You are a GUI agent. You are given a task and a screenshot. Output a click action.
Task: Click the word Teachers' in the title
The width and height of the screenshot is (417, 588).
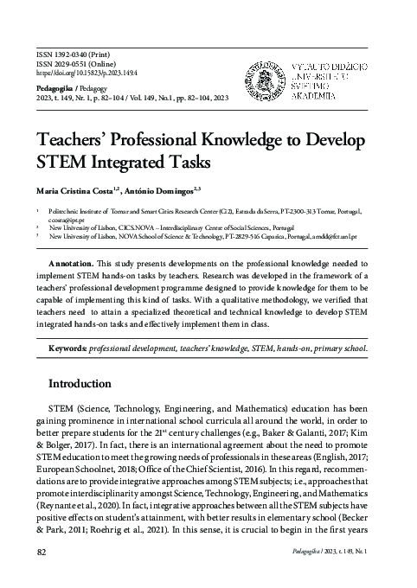coord(74,141)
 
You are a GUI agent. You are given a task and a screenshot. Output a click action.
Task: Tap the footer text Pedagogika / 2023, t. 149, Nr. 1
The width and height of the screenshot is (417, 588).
coord(331,551)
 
